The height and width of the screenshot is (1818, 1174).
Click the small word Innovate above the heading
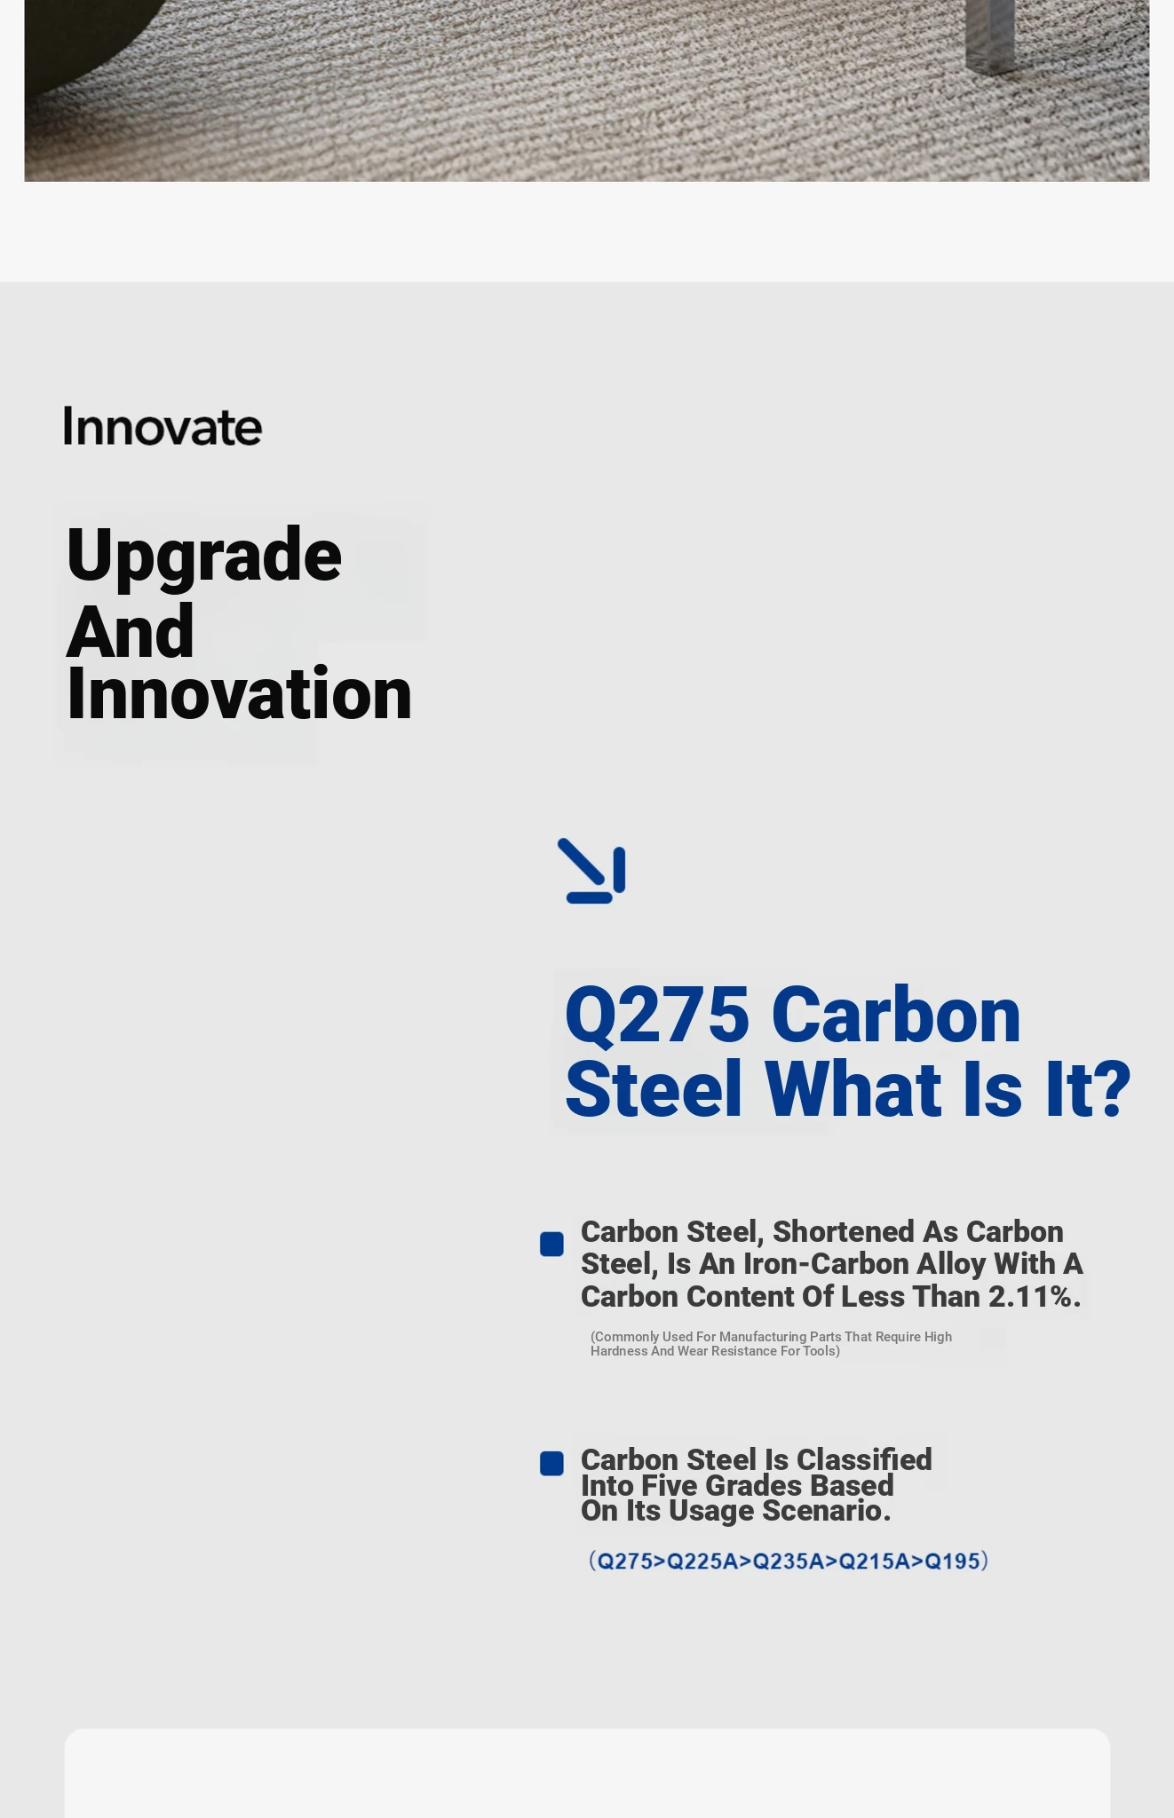163,426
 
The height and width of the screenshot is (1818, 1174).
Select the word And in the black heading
131,631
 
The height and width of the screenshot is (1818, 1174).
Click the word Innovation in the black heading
240,693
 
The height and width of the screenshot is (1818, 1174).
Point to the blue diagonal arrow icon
591,871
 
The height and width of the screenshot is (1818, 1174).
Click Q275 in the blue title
657,1014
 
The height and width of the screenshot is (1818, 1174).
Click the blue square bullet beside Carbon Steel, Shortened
551,1244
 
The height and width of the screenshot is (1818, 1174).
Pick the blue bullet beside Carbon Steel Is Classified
551,1463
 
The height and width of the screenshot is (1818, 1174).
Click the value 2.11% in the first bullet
1035,1297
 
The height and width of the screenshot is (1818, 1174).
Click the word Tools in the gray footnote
819,1351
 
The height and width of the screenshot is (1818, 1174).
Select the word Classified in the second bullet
864,1460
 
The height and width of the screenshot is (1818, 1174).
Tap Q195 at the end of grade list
952,1561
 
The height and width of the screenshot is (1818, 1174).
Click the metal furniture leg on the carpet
990,34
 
